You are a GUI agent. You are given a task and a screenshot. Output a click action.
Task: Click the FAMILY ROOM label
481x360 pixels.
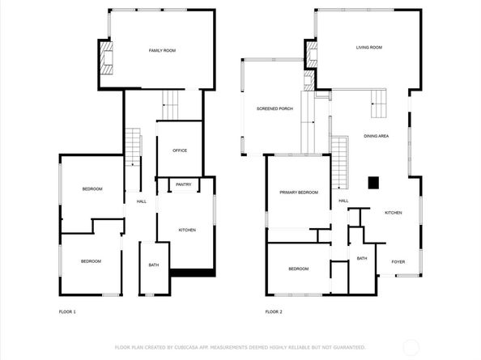point(162,51)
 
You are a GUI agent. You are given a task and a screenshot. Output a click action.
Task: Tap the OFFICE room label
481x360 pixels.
point(180,150)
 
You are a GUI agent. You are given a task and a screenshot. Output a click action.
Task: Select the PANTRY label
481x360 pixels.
point(184,184)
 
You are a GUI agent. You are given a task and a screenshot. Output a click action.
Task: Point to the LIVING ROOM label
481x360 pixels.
point(368,48)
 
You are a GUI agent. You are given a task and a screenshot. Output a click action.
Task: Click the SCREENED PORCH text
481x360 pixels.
point(275,108)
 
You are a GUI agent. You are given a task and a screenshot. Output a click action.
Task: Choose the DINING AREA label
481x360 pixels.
point(376,136)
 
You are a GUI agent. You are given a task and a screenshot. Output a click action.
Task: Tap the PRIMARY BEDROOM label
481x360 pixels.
point(299,193)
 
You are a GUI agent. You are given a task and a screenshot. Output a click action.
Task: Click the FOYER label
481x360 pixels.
point(398,261)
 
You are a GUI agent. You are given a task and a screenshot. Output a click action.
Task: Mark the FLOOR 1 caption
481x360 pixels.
point(67,311)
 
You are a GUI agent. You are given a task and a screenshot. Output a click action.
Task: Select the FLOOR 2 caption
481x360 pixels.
point(274,311)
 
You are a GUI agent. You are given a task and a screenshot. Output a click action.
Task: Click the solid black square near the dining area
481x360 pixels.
point(373,183)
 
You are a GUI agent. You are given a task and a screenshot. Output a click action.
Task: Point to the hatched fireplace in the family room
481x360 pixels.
point(106,58)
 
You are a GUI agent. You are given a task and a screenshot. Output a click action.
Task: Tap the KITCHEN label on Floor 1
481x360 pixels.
point(187,231)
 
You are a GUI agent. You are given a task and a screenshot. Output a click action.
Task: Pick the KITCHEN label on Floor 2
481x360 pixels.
point(393,213)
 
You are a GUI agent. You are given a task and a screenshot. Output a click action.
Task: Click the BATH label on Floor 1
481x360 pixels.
point(153,265)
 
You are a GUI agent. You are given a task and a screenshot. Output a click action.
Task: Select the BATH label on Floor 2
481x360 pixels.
point(362,258)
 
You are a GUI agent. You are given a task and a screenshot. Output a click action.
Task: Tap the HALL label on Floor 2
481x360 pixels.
point(343,201)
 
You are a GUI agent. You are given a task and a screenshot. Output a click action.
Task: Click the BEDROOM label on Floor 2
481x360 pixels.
point(299,269)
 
